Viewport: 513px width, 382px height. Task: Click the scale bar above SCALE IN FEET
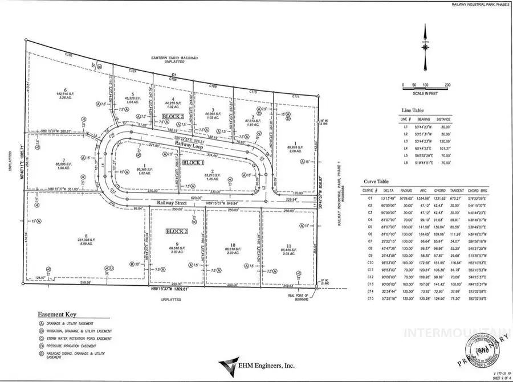[425, 85]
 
